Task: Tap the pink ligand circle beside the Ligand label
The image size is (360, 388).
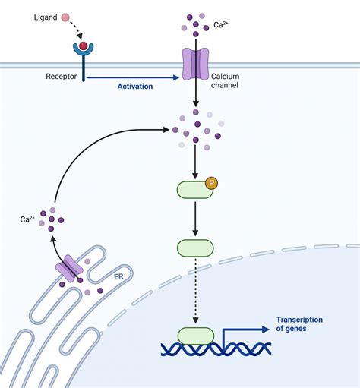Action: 66,17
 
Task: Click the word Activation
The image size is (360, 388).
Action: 135,86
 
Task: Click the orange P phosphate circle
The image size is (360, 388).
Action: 212,182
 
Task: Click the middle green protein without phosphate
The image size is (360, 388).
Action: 196,248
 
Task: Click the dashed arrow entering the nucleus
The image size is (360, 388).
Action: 196,292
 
